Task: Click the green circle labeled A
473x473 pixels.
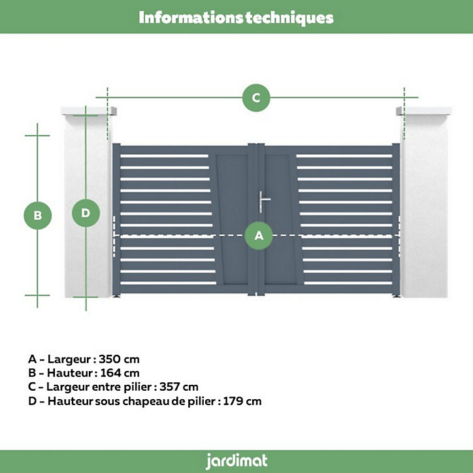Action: click(259, 236)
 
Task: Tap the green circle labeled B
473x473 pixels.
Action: click(38, 216)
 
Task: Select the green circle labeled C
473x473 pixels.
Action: click(256, 98)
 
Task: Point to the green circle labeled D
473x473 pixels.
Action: click(86, 213)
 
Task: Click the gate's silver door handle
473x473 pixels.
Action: click(264, 201)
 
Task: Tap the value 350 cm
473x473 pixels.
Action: click(119, 359)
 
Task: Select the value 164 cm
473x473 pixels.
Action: click(120, 373)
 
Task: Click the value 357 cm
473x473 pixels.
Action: click(179, 387)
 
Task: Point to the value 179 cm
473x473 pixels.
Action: click(242, 401)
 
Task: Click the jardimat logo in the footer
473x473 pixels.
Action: click(236, 461)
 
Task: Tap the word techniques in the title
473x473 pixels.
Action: click(289, 18)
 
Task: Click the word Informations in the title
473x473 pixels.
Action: click(191, 18)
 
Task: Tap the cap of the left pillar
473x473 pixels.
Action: click(89, 110)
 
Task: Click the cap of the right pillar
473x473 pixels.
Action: click(424, 110)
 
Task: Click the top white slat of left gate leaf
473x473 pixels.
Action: click(165, 156)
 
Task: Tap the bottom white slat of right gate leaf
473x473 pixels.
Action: click(348, 283)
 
